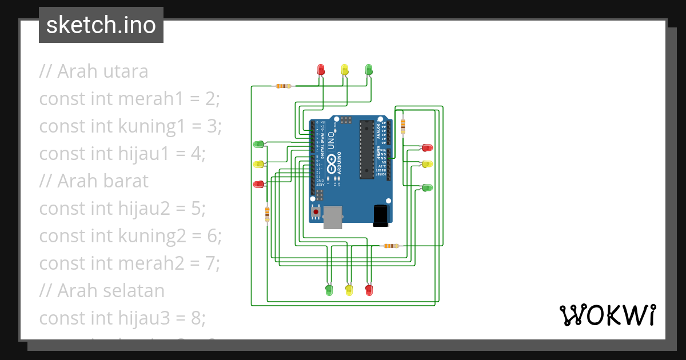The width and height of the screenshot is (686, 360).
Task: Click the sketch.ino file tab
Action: pyautogui.click(x=101, y=25)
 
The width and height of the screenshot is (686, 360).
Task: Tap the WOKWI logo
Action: pyautogui.click(x=607, y=315)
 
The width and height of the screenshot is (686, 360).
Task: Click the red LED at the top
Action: pyautogui.click(x=321, y=70)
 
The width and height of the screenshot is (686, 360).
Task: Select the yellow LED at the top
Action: pyautogui.click(x=345, y=70)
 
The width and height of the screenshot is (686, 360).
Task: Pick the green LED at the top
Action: pyautogui.click(x=369, y=70)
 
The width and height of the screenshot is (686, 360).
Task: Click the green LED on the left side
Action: pyautogui.click(x=258, y=144)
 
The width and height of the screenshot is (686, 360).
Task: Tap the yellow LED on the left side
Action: pyautogui.click(x=258, y=164)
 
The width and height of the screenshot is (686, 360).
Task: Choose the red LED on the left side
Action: pyautogui.click(x=258, y=184)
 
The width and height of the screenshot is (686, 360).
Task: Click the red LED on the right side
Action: pyautogui.click(x=427, y=147)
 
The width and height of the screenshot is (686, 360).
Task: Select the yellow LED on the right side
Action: pyautogui.click(x=427, y=164)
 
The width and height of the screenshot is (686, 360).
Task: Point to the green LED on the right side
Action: pyautogui.click(x=427, y=187)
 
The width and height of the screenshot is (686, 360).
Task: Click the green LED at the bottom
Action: pyautogui.click(x=329, y=290)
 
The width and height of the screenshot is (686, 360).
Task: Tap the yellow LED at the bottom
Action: pyautogui.click(x=349, y=290)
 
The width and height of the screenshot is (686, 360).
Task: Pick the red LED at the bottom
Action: pyautogui.click(x=369, y=290)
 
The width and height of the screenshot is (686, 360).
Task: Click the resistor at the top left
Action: pyautogui.click(x=283, y=86)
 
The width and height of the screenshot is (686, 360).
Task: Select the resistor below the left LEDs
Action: pyautogui.click(x=267, y=214)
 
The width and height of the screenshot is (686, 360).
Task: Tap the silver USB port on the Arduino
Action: pyautogui.click(x=333, y=217)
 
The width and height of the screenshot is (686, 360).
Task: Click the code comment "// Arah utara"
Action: pyautogui.click(x=94, y=71)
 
